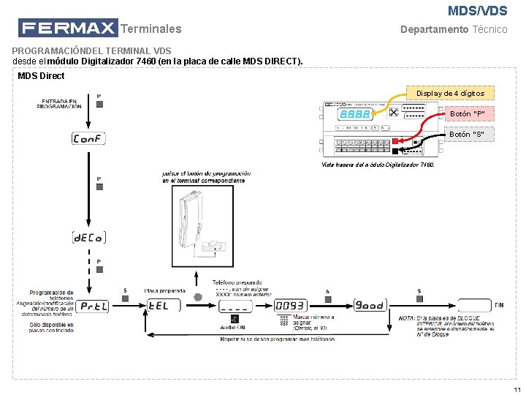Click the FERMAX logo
point(68,29)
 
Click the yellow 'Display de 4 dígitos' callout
point(450,93)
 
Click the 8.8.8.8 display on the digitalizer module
point(354,115)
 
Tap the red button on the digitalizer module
point(394,140)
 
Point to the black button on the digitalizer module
point(394,151)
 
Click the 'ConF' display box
point(88,138)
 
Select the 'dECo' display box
point(88,237)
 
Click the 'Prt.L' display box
point(94,306)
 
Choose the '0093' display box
point(289,306)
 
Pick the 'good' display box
point(370,305)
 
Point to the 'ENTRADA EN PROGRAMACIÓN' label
point(61,104)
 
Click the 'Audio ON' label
point(233,327)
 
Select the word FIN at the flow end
point(499,305)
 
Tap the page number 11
point(517,388)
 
